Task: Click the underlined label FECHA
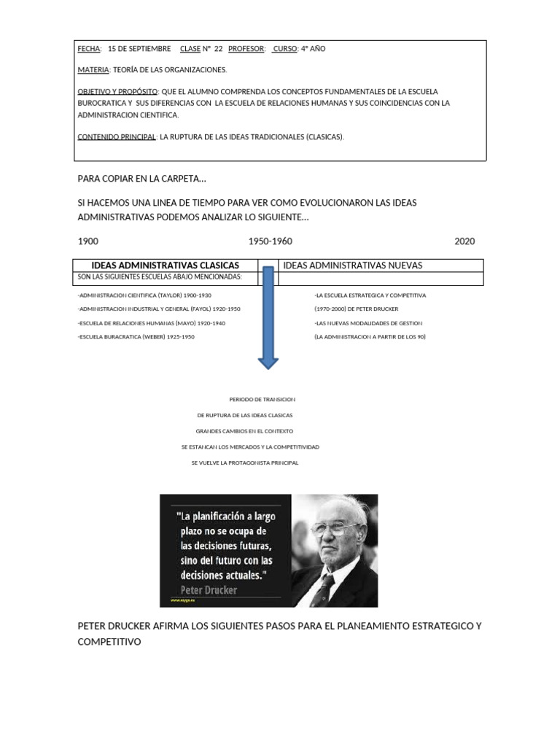89,49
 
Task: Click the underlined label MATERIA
93,70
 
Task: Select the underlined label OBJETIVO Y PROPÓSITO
117,92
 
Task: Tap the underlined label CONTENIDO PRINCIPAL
117,136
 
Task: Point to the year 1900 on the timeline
88,241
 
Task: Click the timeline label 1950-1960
270,241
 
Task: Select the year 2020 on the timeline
464,241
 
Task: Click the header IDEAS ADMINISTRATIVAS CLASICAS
166,266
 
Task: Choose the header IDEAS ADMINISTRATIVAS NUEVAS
352,266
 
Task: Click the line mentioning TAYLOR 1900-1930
144,295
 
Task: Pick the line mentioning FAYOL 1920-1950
158,309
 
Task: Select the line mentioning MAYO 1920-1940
151,323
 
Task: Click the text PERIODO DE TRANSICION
262,400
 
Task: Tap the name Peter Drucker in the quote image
209,590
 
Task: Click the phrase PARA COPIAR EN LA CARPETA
141,179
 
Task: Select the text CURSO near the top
285,49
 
